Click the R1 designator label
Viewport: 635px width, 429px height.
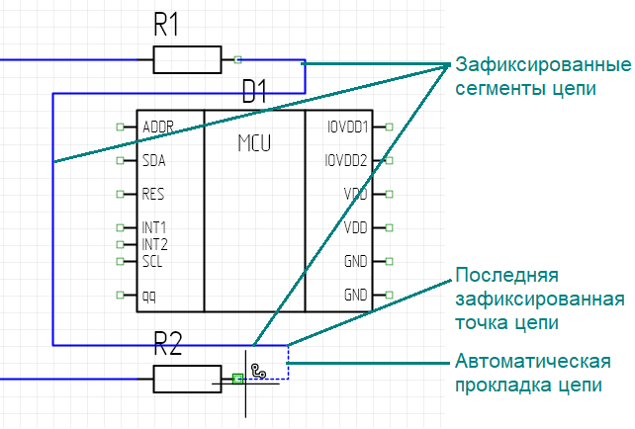click(166, 26)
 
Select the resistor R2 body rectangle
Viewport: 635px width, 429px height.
click(186, 378)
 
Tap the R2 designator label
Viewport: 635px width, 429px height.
click(168, 345)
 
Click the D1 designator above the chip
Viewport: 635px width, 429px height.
click(255, 94)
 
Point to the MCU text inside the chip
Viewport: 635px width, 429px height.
click(254, 143)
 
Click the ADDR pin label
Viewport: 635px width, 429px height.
click(158, 128)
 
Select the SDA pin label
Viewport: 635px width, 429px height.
click(153, 160)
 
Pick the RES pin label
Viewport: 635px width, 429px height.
click(152, 194)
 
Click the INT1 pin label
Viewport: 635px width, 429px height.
click(154, 228)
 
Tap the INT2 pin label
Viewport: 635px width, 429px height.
click(154, 244)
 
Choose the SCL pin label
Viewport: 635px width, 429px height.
click(152, 262)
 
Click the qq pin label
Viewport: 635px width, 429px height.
click(148, 295)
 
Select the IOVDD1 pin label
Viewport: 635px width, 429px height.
click(346, 128)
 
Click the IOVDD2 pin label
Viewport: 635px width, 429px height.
click(346, 160)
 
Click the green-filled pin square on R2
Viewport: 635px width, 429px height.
click(237, 378)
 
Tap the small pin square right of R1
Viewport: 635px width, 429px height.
click(238, 59)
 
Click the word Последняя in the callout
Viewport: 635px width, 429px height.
click(506, 275)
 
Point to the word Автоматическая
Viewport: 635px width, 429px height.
click(531, 362)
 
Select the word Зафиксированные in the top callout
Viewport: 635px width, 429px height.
click(543, 66)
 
